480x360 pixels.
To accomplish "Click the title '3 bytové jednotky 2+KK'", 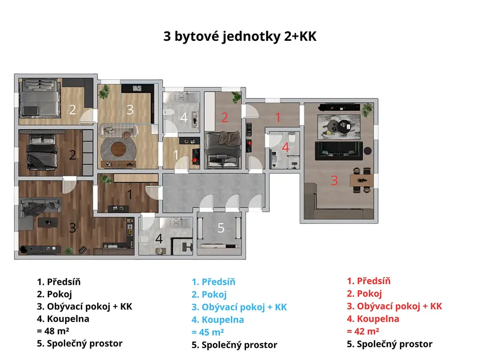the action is pos(240,37).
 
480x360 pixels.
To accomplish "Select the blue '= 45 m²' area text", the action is pos(208,332).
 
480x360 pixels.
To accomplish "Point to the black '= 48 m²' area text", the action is pos(53,331).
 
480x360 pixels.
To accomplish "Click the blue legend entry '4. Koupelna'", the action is pos(218,320).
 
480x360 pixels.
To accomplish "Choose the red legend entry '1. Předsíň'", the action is pos(368,281).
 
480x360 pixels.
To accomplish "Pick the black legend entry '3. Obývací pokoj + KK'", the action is pos(84,307).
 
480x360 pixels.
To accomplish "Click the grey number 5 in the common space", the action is pos(221,228).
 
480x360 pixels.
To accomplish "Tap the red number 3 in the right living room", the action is pos(334,180).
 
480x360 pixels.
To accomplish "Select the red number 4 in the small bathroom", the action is pos(285,147).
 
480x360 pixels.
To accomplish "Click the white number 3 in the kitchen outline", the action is pos(130,110).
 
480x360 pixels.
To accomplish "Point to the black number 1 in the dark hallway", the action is pos(130,195).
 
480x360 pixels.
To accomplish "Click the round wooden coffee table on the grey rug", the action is pos(119,149).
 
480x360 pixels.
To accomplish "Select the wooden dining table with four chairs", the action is pos(361,180).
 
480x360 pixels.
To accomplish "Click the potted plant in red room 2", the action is pos(236,97).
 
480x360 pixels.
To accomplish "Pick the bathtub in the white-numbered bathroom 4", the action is pos(181,97).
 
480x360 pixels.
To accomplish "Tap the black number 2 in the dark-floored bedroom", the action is pos(73,155).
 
